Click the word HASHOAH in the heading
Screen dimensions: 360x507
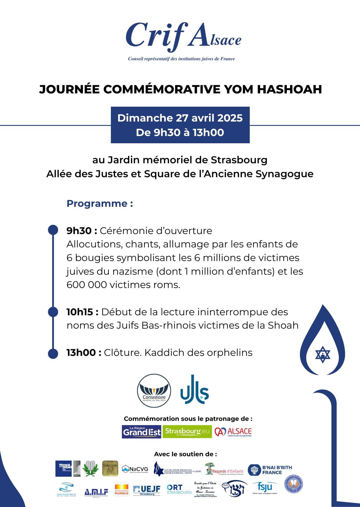pos(289,89)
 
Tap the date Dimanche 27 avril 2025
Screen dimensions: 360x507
pos(180,118)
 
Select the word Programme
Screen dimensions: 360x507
pos(97,204)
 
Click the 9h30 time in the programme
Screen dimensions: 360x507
pos(79,231)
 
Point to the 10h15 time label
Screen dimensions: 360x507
pos(80,312)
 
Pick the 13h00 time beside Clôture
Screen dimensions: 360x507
pos(81,353)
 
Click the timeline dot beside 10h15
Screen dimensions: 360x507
pos(53,312)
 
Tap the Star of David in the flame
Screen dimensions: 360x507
pos(323,354)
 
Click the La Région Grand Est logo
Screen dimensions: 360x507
pos(142,432)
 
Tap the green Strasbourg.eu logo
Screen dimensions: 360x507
pos(187,432)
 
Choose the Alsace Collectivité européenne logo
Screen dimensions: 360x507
pos(233,432)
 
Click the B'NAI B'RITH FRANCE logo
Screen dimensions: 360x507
pos(270,470)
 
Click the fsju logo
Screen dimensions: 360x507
pos(264,488)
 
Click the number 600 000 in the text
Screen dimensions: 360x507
pos(87,285)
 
